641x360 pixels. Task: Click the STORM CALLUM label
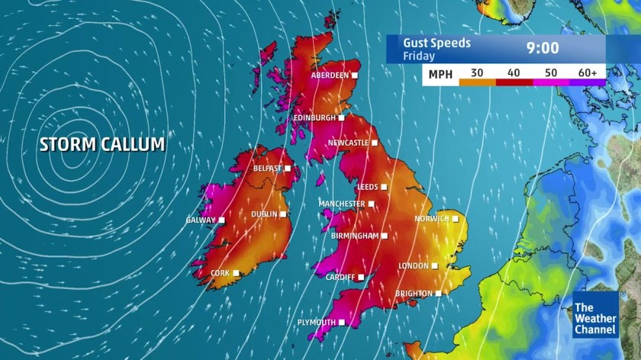point(102,144)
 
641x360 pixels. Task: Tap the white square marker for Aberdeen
point(355,76)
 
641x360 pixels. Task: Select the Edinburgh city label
point(314,118)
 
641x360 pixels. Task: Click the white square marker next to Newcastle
point(375,143)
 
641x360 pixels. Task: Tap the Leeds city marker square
point(384,186)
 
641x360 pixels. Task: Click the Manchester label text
point(341,204)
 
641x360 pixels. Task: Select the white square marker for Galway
point(221,220)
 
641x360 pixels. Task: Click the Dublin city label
point(264,214)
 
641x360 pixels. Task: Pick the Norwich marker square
point(456,219)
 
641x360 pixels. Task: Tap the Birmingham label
point(355,236)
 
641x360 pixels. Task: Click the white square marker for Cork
point(237,272)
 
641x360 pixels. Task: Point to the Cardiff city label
point(340,277)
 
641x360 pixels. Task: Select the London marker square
point(435,266)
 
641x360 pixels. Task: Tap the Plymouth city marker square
point(342,323)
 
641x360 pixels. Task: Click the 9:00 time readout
point(543,49)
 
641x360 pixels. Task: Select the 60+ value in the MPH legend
point(588,73)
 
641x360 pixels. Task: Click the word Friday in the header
point(419,56)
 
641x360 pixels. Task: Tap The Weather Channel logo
point(595,314)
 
